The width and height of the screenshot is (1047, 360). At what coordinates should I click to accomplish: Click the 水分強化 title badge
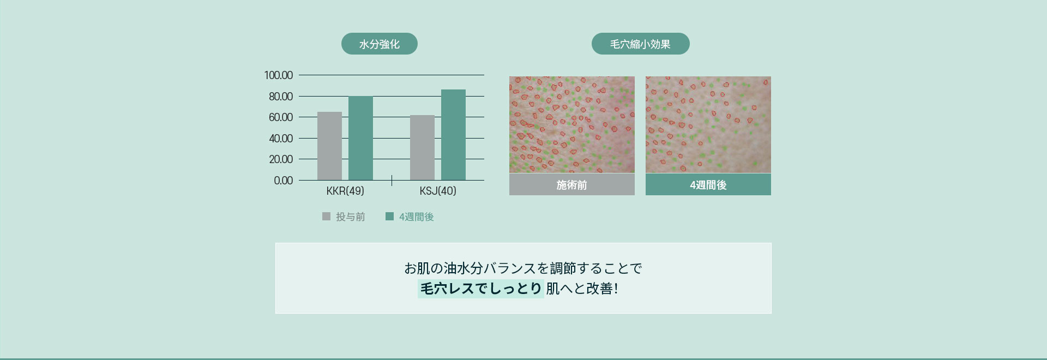(380, 44)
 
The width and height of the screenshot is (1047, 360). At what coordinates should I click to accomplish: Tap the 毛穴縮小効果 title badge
(640, 44)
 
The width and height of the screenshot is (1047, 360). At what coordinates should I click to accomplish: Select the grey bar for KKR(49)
(329, 146)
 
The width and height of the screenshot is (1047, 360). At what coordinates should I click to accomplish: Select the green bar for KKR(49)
(360, 139)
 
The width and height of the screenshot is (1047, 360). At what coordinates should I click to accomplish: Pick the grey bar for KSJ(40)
(422, 148)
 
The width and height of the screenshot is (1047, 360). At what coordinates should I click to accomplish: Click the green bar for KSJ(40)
(453, 135)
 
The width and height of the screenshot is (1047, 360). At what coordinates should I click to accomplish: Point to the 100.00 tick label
(278, 75)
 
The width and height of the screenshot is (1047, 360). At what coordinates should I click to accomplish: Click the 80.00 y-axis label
(280, 97)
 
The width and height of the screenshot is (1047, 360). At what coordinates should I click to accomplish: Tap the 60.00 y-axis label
(280, 117)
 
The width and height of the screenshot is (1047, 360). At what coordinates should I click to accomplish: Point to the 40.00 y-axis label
(280, 139)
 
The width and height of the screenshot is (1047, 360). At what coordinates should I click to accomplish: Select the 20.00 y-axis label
(280, 159)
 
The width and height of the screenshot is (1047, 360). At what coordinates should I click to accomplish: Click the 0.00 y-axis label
(283, 181)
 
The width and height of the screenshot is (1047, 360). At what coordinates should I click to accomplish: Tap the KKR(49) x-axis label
(345, 191)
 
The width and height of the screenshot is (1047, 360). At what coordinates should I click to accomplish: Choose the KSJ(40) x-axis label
(438, 191)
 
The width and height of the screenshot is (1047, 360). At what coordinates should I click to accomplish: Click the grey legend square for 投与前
(326, 217)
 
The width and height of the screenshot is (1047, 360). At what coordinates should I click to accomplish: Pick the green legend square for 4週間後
(389, 217)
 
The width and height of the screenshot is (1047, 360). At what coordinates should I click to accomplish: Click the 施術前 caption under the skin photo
(572, 185)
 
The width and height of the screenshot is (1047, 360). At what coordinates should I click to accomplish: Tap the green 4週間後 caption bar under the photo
(708, 185)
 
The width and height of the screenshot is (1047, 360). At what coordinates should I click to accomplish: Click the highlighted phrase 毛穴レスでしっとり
(481, 288)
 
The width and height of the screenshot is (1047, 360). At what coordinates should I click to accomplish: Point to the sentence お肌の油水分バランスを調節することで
(523, 268)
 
